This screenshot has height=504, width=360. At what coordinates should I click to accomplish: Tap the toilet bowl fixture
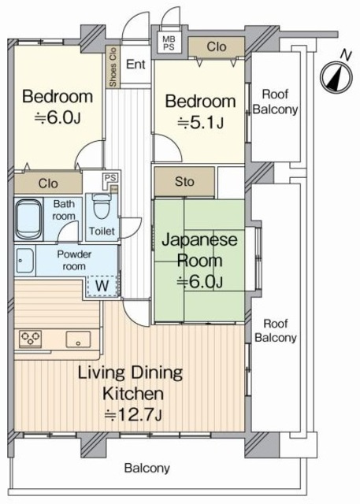click(102, 206)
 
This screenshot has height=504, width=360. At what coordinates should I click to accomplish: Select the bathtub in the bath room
click(29, 219)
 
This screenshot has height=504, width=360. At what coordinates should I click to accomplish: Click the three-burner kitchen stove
click(30, 339)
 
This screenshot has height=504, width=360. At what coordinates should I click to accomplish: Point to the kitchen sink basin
click(78, 339)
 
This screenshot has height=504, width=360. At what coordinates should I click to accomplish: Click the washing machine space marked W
click(102, 285)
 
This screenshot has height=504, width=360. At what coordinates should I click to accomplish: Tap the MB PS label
click(169, 43)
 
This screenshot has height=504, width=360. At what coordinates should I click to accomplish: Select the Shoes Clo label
click(113, 67)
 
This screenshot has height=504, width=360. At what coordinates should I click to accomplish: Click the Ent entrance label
click(135, 65)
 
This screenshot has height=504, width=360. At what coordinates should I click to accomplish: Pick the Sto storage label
click(184, 182)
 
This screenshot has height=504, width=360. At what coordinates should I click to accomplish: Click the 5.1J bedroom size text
click(201, 123)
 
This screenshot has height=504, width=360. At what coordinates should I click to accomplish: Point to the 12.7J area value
click(133, 415)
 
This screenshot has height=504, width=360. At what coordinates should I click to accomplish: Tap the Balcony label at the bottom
click(147, 468)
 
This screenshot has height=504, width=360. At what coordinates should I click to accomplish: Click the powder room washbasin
click(24, 261)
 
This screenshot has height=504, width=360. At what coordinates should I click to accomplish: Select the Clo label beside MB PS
click(217, 46)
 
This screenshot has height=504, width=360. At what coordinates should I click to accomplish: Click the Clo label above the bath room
click(48, 183)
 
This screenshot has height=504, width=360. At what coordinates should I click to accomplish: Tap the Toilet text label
click(102, 231)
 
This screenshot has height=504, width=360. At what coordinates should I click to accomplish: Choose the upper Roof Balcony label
click(275, 102)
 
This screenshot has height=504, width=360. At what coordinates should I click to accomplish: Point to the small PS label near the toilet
click(110, 178)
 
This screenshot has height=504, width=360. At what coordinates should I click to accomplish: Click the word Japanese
click(199, 241)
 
